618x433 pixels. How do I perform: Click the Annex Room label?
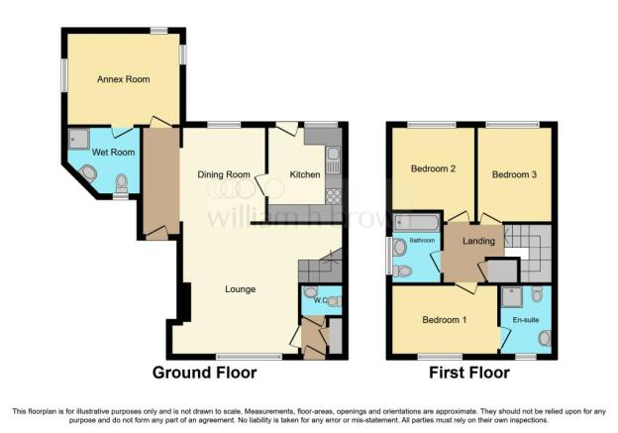pyautogui.click(x=123, y=78)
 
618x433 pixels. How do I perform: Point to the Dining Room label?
pyautogui.click(x=223, y=175)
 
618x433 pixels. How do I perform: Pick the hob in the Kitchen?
pyautogui.click(x=334, y=195)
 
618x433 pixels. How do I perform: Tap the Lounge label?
pyautogui.click(x=240, y=289)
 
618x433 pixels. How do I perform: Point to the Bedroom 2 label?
pyautogui.click(x=432, y=169)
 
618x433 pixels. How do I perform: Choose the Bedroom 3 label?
pyautogui.click(x=514, y=174)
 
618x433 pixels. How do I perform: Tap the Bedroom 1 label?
pyautogui.click(x=440, y=321)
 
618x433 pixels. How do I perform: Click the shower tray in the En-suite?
pyautogui.click(x=512, y=296)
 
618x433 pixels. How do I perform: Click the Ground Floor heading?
pyautogui.click(x=204, y=374)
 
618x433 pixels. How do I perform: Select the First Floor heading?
pyautogui.click(x=470, y=374)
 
